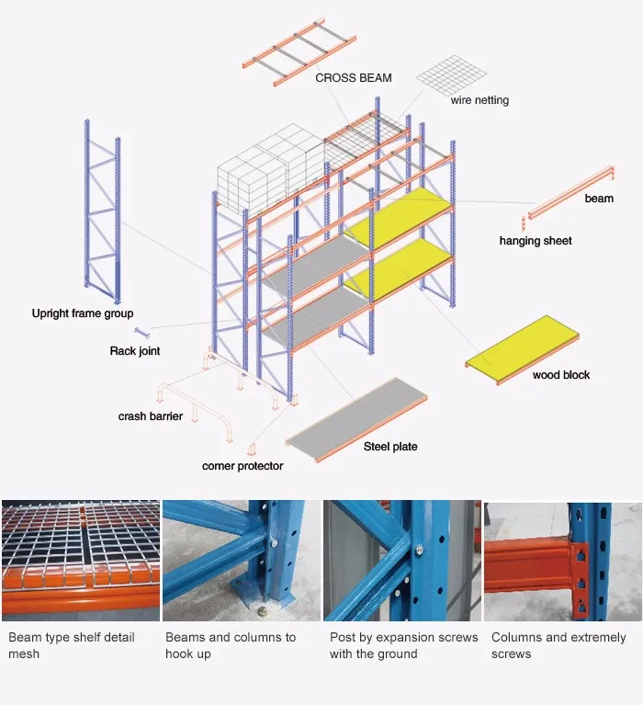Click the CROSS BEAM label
coord(353,78)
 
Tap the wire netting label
coord(479,100)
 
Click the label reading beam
coord(598,198)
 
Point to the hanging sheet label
coord(535,241)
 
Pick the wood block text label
coord(560,375)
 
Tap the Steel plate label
coord(389,447)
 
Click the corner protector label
coord(243,466)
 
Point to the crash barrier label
coord(150,416)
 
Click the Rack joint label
coord(135,351)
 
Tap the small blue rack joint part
coord(142,331)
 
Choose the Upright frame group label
coord(82,314)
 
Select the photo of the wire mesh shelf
coord(80,561)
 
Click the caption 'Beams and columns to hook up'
coord(230,645)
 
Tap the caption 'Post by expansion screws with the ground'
coord(403,645)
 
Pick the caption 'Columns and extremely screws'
coord(558,645)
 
